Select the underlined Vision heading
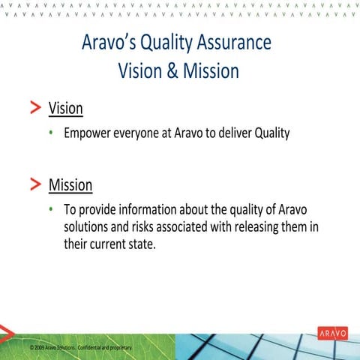tap(65, 108)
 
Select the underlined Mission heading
tap(70, 184)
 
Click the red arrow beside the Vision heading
tap(36, 108)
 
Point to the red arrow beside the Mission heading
tap(36, 184)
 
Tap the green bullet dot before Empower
tap(52, 134)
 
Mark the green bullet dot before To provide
tap(52, 209)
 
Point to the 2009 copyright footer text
tap(81, 349)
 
